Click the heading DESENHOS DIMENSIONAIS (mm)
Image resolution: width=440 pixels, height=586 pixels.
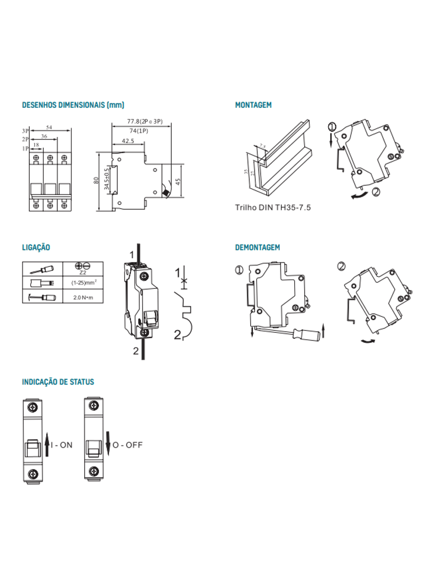(x=73, y=105)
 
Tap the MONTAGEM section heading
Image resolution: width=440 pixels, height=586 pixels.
(x=253, y=105)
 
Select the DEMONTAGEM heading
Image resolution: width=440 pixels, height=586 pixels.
(x=257, y=248)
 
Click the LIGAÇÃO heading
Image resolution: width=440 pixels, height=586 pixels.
(x=36, y=248)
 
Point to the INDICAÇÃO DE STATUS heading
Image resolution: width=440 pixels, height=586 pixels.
(x=58, y=382)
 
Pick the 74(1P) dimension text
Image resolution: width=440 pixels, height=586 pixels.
(x=139, y=131)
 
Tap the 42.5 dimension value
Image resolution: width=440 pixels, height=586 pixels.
(x=128, y=141)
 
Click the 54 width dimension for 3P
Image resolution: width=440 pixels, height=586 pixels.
(x=49, y=127)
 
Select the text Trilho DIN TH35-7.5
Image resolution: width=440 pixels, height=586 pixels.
(x=269, y=208)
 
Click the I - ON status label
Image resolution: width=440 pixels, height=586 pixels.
(x=62, y=445)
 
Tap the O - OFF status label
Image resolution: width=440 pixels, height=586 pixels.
(x=128, y=445)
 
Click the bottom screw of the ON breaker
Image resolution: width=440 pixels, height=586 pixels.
(x=33, y=473)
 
